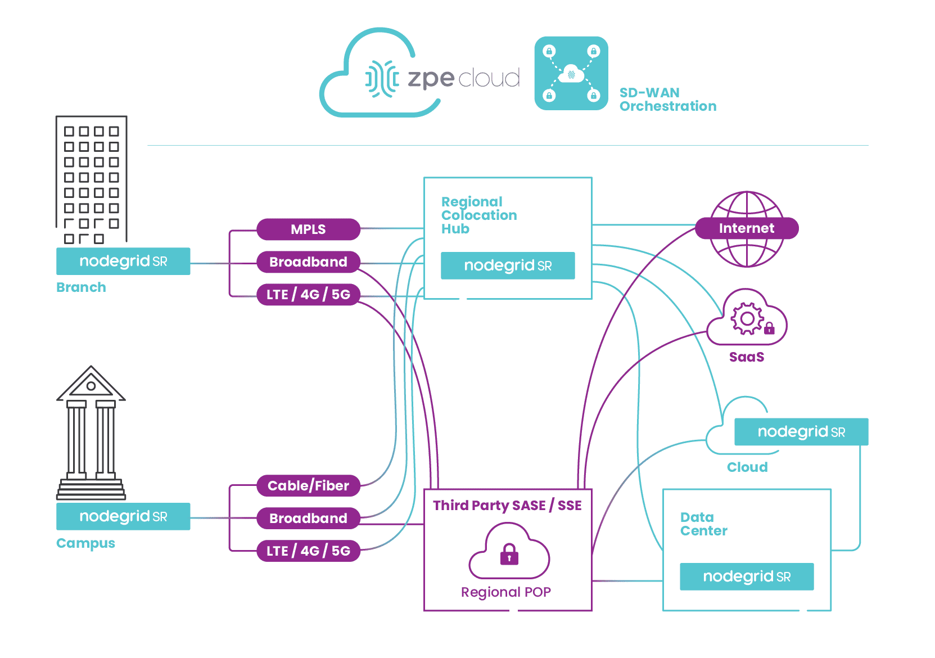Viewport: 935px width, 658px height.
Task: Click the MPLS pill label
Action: (308, 229)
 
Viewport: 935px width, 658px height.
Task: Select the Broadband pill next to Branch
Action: (308, 262)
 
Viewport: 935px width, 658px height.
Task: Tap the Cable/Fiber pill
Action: (308, 486)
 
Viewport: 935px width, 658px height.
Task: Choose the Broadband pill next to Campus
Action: (308, 519)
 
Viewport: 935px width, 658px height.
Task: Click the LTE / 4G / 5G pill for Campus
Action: (308, 551)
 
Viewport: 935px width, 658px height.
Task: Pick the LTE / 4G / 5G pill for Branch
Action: (308, 295)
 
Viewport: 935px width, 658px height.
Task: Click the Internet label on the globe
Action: (747, 228)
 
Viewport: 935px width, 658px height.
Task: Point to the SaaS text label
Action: (747, 357)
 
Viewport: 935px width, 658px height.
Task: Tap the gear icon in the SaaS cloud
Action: (747, 319)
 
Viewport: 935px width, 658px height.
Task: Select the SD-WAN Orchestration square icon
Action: (571, 74)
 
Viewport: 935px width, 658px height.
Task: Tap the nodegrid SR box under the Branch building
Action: (123, 262)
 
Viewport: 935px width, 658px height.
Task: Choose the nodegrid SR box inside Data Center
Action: (747, 577)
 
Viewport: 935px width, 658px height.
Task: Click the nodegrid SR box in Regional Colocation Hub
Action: (508, 266)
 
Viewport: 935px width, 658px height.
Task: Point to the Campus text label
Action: (85, 543)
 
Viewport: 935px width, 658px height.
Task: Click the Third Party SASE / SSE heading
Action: (507, 506)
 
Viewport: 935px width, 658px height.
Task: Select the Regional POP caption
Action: (506, 592)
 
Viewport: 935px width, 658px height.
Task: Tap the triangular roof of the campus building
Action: (91, 384)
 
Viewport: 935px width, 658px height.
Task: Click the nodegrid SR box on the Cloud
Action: (801, 432)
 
